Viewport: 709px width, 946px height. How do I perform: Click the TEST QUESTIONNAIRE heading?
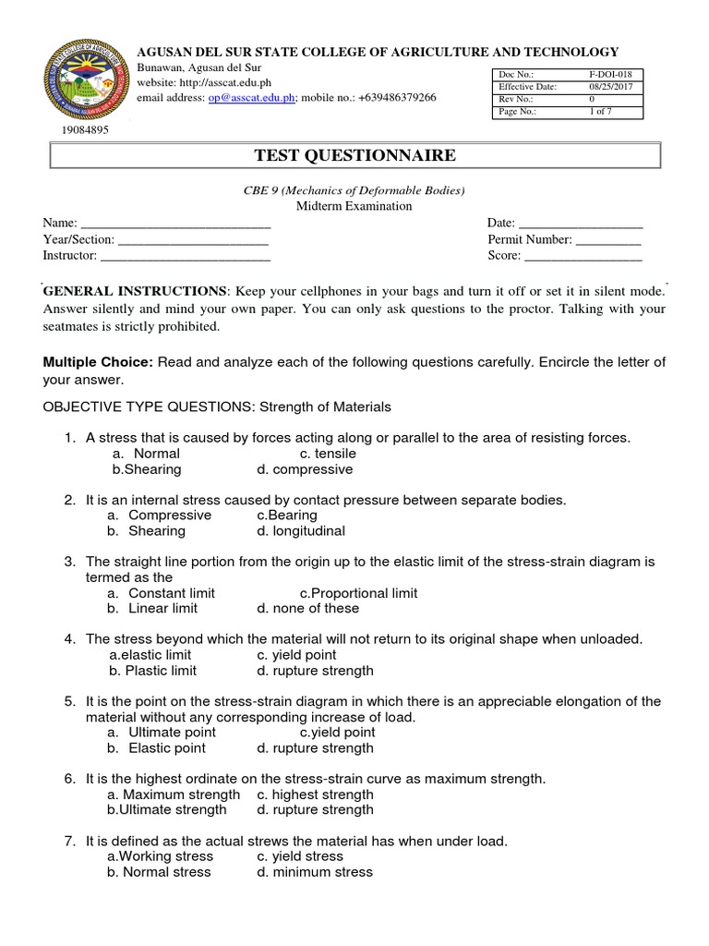point(354,155)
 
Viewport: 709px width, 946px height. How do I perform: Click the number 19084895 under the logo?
point(85,130)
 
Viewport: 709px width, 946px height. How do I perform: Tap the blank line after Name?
point(176,224)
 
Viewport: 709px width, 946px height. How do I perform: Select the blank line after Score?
point(583,256)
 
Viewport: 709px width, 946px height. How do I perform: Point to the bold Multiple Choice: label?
point(98,361)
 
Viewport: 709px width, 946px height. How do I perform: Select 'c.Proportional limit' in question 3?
point(358,593)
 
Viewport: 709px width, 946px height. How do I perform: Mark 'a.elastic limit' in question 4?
point(150,655)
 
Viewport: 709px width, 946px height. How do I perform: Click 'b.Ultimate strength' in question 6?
point(167,810)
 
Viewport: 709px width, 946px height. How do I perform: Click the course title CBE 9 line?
point(354,190)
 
